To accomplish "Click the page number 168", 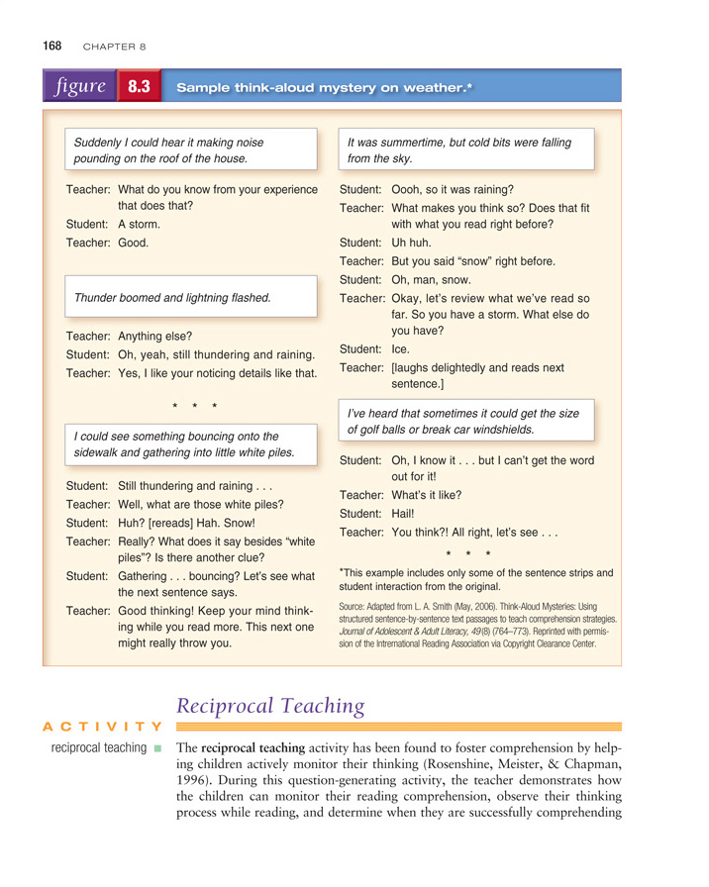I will tap(51, 46).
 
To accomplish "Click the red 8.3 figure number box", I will tap(138, 87).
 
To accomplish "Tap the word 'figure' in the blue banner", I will tap(81, 86).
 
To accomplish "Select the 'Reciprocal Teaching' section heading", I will tap(270, 705).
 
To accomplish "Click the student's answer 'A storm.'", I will tap(139, 224).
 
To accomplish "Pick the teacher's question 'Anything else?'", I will tap(154, 336).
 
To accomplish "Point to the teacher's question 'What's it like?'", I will tap(426, 495).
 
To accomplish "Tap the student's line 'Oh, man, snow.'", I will tap(431, 279).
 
